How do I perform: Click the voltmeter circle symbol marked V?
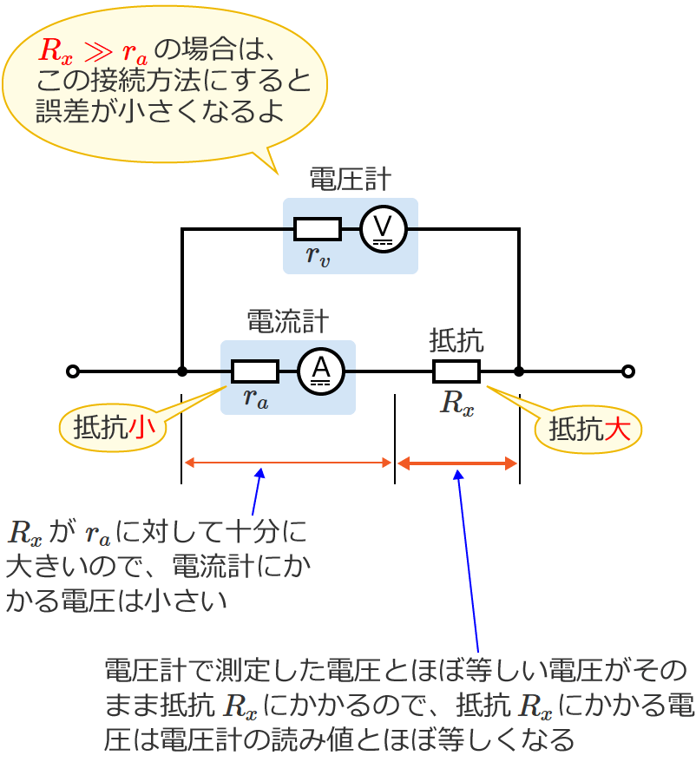pos(383,229)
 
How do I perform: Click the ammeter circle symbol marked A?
pos(321,371)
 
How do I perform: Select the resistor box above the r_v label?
pos(317,229)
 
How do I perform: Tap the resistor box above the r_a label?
pos(254,371)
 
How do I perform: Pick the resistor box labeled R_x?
pos(456,371)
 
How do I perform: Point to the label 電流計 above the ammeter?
pos(288,322)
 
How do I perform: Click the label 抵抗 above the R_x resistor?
pos(456,338)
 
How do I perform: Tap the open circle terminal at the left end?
pos(73,371)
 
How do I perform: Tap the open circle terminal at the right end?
pos(627,371)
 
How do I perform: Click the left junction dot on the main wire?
pos(181,371)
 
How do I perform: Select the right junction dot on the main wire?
pos(519,371)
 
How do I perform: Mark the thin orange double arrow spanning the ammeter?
pos(288,463)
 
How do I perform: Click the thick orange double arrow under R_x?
pos(457,463)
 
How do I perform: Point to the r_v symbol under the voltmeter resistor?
pos(317,255)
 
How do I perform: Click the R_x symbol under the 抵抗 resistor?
pos(457,404)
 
